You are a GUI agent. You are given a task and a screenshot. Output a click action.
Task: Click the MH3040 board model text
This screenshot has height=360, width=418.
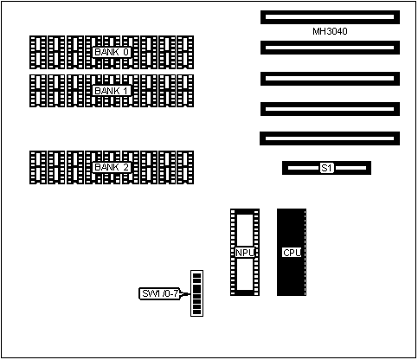coord(330,31)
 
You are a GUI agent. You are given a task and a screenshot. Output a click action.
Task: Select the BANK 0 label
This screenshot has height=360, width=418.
coord(112,52)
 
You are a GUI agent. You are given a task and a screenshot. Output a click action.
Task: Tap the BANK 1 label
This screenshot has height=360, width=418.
coord(112,91)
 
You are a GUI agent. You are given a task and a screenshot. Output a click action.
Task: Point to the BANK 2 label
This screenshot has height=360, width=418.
coord(112,167)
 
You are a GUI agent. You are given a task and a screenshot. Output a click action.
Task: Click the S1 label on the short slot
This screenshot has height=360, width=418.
coord(327,168)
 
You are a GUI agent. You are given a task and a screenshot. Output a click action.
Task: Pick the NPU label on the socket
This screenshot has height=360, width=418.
coord(245,253)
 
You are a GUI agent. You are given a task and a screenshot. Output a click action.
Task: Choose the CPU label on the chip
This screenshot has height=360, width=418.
coord(292,253)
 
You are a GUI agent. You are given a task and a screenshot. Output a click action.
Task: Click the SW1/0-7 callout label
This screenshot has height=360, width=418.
coord(160,293)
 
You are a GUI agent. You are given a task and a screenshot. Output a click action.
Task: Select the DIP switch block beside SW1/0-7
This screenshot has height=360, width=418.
coord(196,293)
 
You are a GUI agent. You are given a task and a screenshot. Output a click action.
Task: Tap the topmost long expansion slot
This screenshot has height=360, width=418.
coord(330,17)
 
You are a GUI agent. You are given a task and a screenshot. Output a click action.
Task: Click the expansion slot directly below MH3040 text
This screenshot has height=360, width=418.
coord(330,48)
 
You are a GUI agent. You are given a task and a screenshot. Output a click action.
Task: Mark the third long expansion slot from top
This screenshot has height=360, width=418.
coord(330,79)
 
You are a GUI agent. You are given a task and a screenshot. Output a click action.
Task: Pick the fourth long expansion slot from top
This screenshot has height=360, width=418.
coord(330,109)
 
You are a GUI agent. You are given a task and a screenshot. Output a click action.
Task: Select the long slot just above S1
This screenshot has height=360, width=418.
coord(330,138)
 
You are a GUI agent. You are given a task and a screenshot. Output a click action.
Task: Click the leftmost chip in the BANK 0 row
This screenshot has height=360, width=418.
coord(38,53)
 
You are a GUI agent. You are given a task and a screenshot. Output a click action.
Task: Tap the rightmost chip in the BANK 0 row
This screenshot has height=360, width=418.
coord(185,53)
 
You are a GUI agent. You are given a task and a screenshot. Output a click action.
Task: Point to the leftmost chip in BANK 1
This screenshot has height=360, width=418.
coord(38,91)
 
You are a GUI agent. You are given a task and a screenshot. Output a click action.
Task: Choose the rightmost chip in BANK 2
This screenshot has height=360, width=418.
coord(185,167)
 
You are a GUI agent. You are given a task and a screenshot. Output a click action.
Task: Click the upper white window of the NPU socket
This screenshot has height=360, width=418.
coord(245,230)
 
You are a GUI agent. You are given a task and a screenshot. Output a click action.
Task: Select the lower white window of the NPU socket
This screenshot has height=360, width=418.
coord(245,274)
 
